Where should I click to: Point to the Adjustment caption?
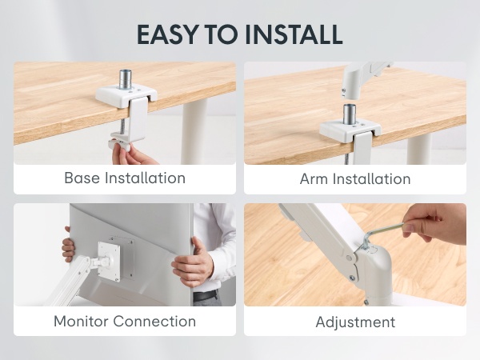[355, 322]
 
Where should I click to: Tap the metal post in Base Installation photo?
[125, 81]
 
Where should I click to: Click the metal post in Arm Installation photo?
[349, 113]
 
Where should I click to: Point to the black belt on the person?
[206, 296]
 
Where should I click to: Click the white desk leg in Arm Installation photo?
[418, 148]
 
